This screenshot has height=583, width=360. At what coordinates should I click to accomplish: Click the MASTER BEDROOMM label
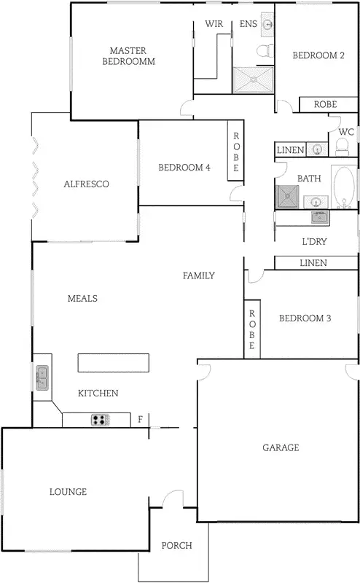click(128, 56)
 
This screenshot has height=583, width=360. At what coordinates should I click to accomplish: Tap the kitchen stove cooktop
click(100, 420)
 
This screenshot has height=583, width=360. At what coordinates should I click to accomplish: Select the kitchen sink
click(42, 377)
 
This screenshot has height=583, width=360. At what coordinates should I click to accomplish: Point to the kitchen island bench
click(114, 363)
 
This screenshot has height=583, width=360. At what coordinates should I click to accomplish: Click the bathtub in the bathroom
click(344, 187)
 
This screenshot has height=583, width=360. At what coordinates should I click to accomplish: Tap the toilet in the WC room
click(343, 147)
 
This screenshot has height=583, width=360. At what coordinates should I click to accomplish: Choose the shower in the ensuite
click(253, 79)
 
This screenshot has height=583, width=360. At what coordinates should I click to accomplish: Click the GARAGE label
click(281, 447)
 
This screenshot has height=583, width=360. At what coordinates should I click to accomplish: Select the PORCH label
click(176, 546)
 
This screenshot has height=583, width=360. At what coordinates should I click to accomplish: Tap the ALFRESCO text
click(86, 184)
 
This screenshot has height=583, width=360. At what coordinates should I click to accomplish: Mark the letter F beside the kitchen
click(141, 420)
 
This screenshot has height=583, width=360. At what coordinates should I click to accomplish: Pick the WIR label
click(214, 24)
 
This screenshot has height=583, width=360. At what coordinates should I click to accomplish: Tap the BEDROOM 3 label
click(305, 318)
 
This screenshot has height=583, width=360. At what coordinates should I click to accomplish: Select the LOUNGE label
click(68, 492)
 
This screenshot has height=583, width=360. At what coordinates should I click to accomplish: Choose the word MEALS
click(82, 298)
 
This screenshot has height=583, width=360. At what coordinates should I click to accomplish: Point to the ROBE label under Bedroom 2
click(325, 105)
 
